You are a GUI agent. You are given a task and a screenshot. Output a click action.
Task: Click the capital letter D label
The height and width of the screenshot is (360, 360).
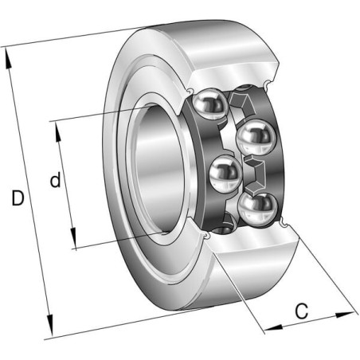(18, 198)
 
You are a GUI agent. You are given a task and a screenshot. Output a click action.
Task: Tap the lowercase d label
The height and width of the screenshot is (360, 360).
(56, 180)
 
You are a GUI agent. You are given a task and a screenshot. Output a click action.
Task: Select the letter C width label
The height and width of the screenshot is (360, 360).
(302, 311)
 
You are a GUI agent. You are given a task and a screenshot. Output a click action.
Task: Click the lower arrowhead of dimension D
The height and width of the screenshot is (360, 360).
(50, 326)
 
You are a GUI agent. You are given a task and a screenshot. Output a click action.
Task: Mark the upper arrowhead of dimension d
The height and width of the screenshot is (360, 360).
(58, 132)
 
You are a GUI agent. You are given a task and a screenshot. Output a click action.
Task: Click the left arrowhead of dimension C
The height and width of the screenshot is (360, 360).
(274, 327)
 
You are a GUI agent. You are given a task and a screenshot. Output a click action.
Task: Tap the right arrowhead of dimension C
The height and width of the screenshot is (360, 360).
(345, 315)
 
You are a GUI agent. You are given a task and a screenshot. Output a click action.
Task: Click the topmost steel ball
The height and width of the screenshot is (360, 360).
(209, 104)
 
